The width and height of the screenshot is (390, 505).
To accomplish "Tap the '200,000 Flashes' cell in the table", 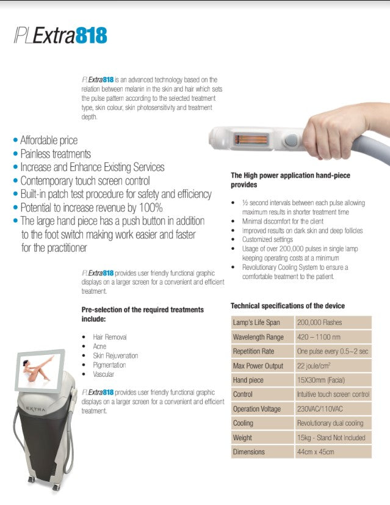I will tap(319, 322).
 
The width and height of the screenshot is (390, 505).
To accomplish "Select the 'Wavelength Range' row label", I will tap(258, 337).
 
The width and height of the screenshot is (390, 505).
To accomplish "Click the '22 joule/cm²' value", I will tap(317, 366).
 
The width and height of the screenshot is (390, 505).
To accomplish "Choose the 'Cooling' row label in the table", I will tap(243, 423).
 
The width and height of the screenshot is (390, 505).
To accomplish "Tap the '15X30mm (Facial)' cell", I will tap(321, 380).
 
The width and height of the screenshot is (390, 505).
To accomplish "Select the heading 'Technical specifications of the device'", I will tap(287, 306).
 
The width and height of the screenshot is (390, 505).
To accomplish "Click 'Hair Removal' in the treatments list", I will tap(110, 337).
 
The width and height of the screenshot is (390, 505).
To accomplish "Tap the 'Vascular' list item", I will tap(103, 374).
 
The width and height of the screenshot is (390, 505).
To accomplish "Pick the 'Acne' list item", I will tap(99, 346).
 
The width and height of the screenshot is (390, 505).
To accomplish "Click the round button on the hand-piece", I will tap(291, 140).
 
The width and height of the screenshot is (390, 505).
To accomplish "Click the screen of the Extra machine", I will tap(40, 369).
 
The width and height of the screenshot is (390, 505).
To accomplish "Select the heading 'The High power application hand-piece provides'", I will tap(290, 180).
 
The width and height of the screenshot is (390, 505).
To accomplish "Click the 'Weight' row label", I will tap(242, 438).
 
